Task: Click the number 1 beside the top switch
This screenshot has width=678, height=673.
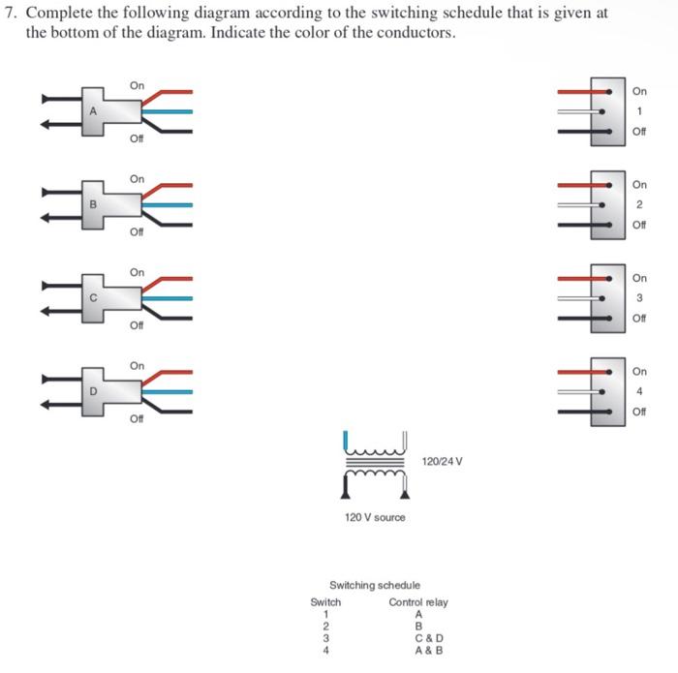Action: (639, 111)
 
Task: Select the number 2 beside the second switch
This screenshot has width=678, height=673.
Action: (639, 204)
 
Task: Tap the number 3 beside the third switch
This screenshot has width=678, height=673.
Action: (639, 297)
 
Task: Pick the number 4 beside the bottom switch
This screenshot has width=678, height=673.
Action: (639, 390)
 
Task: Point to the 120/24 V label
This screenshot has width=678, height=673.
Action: (444, 461)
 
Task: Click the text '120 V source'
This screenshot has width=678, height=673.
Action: (375, 517)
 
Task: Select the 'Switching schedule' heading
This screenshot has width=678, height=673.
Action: (375, 585)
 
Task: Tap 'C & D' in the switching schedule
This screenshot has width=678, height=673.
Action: (428, 637)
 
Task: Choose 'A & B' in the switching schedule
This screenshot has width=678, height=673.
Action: (428, 650)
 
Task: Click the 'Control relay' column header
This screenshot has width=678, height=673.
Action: (418, 601)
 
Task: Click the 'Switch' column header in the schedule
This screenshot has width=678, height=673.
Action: (325, 601)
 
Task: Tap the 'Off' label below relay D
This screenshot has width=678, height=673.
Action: (137, 418)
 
